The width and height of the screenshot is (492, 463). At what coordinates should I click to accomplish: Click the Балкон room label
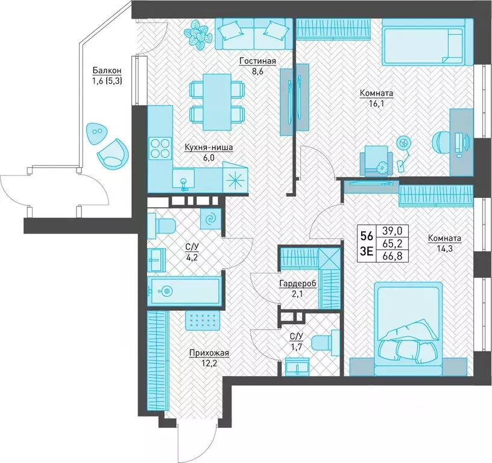tap(107, 71)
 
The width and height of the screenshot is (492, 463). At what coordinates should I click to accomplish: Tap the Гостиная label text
tap(257, 60)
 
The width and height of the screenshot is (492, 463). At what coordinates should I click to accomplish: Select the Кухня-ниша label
tap(209, 147)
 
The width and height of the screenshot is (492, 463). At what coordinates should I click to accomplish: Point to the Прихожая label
tap(209, 353)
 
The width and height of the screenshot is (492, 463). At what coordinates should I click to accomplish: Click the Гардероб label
tap(298, 284)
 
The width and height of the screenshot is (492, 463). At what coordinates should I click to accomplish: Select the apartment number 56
tap(367, 235)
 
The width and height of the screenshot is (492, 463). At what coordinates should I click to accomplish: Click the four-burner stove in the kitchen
tap(160, 148)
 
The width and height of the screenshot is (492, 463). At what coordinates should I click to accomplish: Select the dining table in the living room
tap(217, 102)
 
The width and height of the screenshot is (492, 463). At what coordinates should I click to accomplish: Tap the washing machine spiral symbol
tap(211, 219)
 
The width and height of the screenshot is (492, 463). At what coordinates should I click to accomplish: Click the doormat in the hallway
tap(203, 321)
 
